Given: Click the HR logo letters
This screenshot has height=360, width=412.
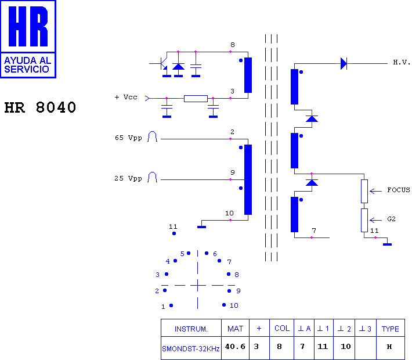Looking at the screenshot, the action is [x=28, y=26].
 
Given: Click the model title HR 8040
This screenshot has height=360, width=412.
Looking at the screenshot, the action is [x=40, y=107].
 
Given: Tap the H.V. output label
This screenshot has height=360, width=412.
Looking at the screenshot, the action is [x=402, y=62].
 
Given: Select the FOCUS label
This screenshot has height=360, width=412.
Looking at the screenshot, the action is [x=398, y=190].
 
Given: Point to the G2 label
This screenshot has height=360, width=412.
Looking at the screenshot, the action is [x=391, y=219].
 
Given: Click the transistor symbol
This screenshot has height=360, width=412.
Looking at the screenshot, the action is [x=163, y=64].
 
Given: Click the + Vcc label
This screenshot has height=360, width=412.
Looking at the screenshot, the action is [x=126, y=97].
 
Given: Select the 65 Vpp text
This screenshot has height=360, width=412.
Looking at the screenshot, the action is [x=128, y=138].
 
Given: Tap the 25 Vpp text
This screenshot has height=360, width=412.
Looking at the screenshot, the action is [x=128, y=178].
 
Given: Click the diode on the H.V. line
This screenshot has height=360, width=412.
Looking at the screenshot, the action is [x=344, y=64].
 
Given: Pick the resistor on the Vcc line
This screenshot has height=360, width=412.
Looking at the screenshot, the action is [x=196, y=99].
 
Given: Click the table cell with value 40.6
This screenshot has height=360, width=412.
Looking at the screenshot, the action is [x=235, y=347].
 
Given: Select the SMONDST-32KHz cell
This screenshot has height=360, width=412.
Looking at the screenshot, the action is [x=191, y=349].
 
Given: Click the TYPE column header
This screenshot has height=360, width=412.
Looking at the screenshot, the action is [x=390, y=329].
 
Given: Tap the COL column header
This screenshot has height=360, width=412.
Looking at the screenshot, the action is [x=282, y=328].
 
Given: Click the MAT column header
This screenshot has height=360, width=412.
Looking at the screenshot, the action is [x=235, y=329].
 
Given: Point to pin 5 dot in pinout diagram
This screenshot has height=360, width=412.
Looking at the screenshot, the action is [x=189, y=253].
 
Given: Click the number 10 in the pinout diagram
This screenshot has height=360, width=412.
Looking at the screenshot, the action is [x=234, y=305].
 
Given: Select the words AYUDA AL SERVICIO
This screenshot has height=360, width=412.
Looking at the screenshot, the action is [x=28, y=64].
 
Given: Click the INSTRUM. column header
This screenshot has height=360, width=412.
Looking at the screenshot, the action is [x=191, y=329].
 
